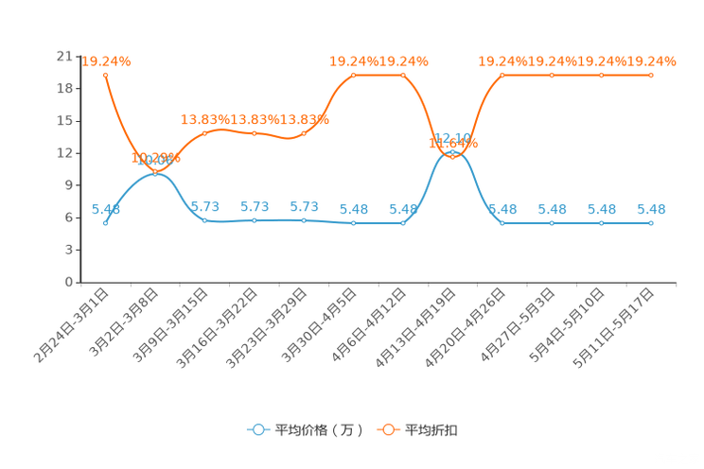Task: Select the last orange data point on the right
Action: (x=651, y=74)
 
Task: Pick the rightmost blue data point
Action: (x=651, y=222)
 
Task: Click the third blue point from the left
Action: (x=204, y=219)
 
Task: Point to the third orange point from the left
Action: (x=204, y=133)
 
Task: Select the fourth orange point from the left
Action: (x=255, y=133)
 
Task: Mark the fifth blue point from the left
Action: (x=304, y=219)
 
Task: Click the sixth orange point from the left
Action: (x=354, y=74)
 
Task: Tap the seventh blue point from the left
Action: (x=403, y=222)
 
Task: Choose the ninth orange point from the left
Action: (x=502, y=74)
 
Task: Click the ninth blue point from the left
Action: (x=502, y=222)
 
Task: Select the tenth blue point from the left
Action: (x=552, y=222)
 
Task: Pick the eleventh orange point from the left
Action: (x=601, y=74)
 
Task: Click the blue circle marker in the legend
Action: (x=257, y=429)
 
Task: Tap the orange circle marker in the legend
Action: (x=387, y=429)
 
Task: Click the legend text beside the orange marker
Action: (x=431, y=430)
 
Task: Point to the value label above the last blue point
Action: (x=651, y=208)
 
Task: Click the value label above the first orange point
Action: (x=106, y=61)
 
